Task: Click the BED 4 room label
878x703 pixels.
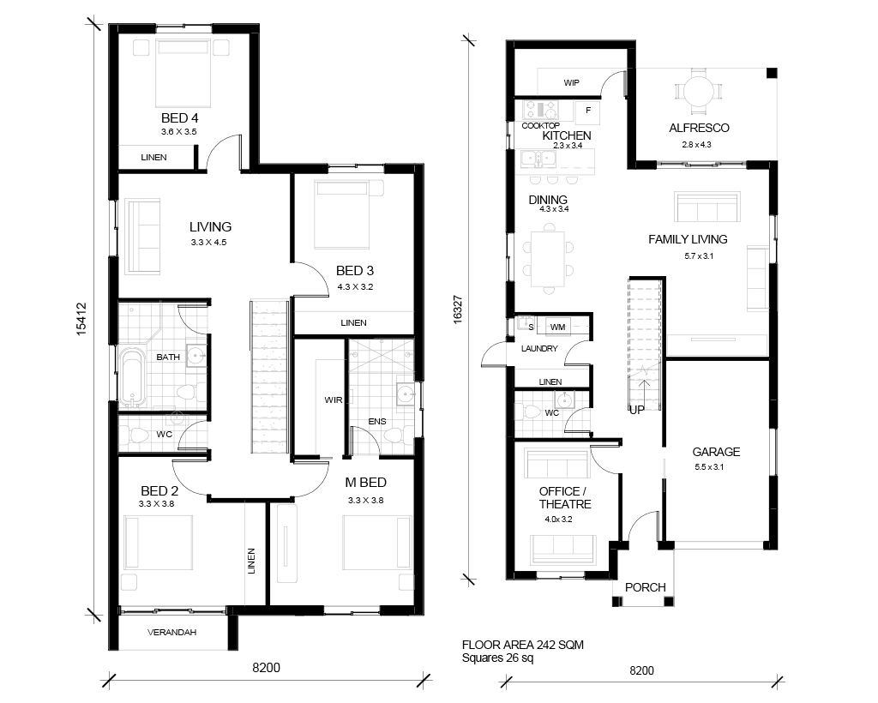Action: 179,118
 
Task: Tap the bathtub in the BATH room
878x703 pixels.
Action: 133,376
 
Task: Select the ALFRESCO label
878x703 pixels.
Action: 699,128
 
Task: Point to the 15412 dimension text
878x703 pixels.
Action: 81,319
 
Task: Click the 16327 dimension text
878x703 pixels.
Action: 458,309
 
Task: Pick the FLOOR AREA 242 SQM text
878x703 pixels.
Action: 522,645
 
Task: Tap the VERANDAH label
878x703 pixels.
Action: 171,633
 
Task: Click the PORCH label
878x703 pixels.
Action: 645,587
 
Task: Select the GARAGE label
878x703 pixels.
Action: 716,452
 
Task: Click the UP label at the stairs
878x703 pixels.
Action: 637,409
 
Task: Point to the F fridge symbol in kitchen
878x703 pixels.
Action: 588,111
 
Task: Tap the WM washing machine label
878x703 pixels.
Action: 557,327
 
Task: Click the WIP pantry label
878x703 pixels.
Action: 571,83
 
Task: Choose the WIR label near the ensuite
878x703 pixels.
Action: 334,400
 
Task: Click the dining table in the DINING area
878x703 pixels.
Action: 548,258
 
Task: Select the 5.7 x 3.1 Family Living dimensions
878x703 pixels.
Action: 699,256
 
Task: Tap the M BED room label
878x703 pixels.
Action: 365,483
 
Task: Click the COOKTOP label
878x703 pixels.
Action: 540,125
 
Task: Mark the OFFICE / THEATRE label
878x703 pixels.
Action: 564,497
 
